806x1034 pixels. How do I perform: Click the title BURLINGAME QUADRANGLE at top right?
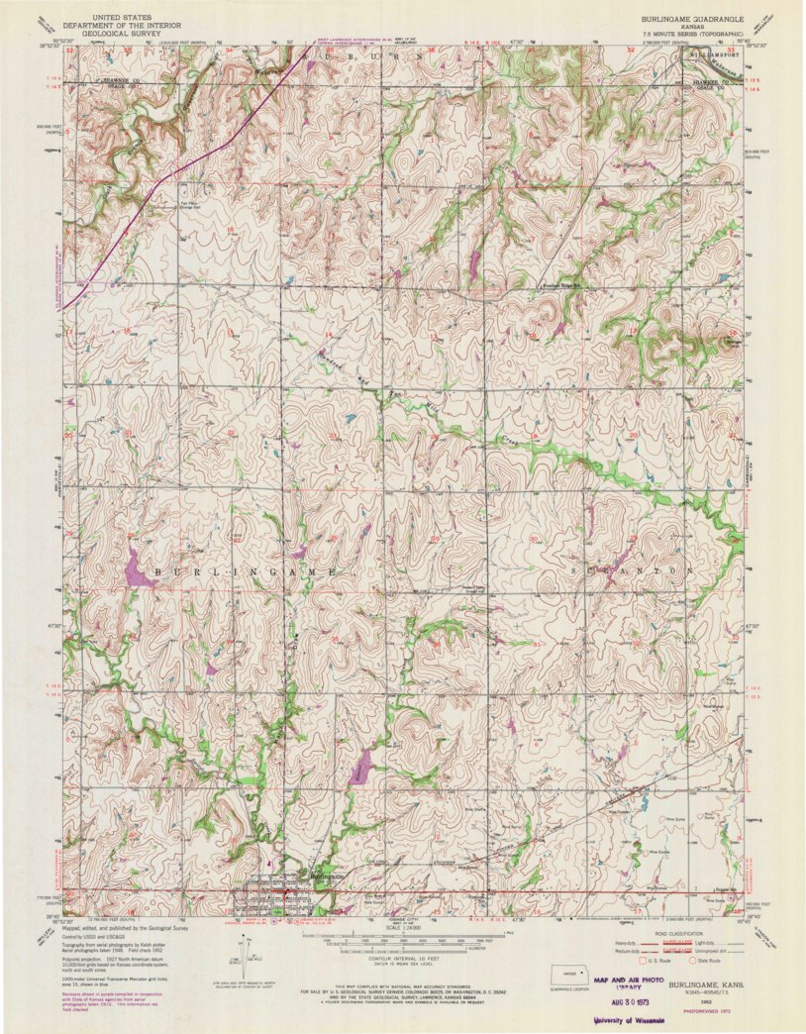[689, 19]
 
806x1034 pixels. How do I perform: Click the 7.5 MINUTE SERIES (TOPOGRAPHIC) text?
[689, 34]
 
